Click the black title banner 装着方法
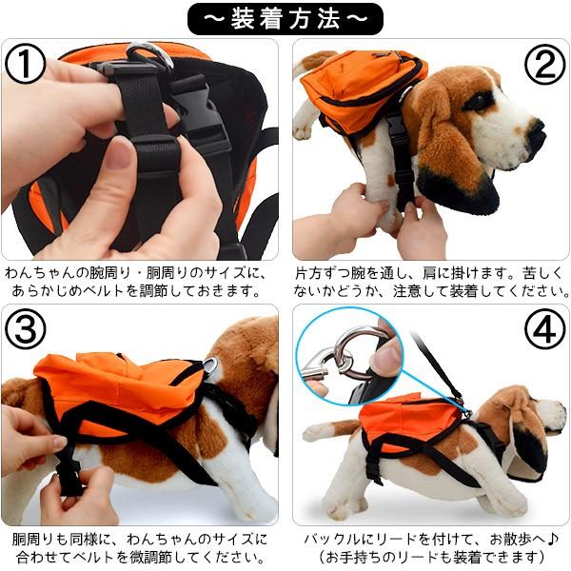click(x=285, y=17)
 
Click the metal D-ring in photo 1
click(x=149, y=54)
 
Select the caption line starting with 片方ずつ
click(x=427, y=272)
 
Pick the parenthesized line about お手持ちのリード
click(x=427, y=557)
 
